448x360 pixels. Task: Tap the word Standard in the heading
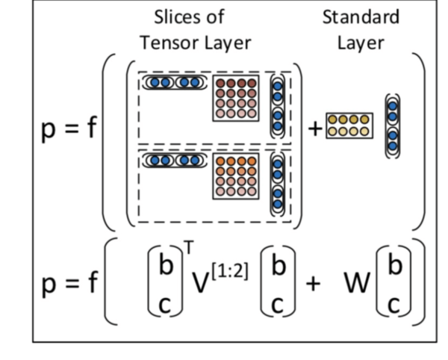[x=361, y=16]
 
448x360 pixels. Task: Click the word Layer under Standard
[x=361, y=43]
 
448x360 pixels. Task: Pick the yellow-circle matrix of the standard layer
[x=349, y=125]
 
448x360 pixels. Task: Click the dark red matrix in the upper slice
[x=236, y=98]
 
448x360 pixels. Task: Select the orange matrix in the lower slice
[x=236, y=178]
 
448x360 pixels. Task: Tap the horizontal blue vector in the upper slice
[x=173, y=82]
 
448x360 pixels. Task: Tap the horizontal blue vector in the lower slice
[x=173, y=160]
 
